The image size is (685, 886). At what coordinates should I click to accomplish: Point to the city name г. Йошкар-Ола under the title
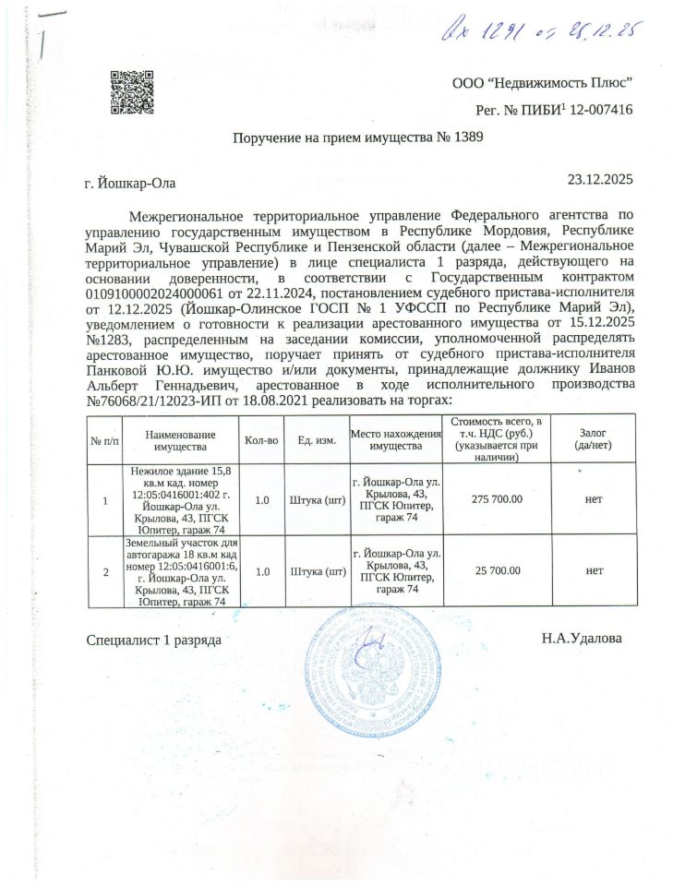(129, 184)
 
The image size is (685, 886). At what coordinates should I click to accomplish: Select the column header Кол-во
(261, 439)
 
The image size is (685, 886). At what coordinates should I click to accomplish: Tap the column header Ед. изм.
(317, 439)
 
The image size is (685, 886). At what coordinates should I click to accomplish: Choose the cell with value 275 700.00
(498, 499)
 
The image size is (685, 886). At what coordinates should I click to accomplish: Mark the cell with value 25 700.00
(498, 572)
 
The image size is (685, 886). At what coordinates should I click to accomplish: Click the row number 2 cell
(105, 572)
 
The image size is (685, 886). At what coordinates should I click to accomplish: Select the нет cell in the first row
(594, 499)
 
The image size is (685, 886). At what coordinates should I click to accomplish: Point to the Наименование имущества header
(180, 439)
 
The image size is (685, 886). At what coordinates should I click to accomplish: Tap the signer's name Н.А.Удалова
(582, 639)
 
